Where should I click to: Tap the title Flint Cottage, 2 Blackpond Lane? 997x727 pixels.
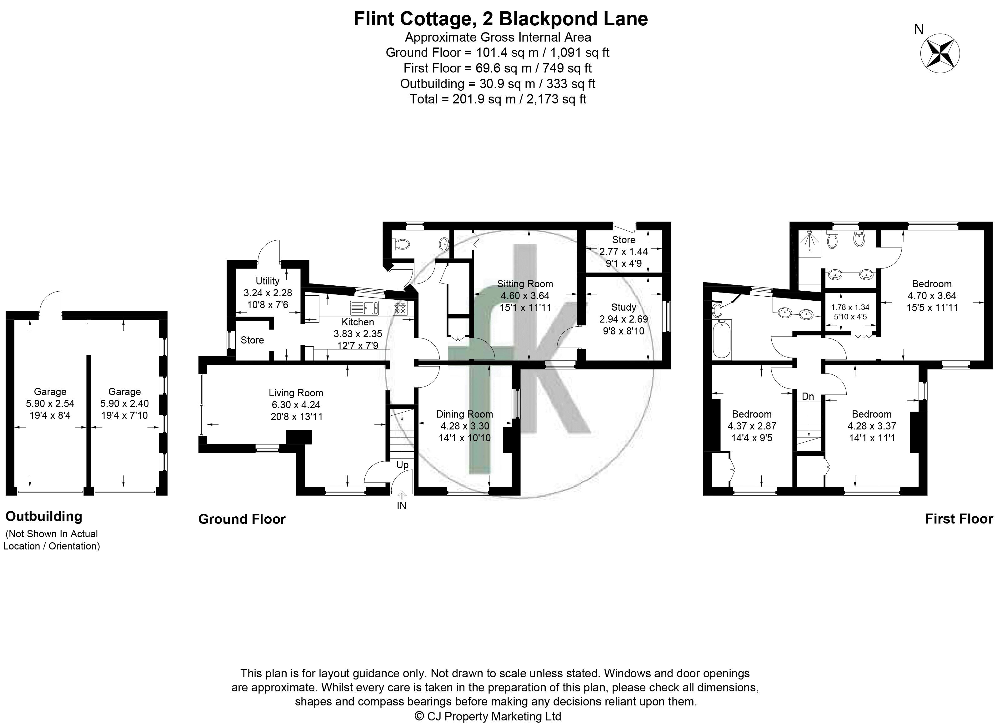(x=500, y=19)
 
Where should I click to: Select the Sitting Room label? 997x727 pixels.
(x=524, y=284)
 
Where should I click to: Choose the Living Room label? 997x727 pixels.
(x=296, y=393)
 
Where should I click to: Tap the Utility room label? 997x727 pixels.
(x=268, y=281)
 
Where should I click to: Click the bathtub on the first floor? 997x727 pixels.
(x=722, y=338)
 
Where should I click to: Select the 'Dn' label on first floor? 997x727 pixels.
(x=808, y=397)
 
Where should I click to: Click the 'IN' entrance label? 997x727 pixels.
(x=401, y=506)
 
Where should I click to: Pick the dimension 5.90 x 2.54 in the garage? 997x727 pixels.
(x=50, y=403)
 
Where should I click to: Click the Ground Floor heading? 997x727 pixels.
(x=242, y=519)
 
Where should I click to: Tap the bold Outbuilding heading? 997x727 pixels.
(x=43, y=516)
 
